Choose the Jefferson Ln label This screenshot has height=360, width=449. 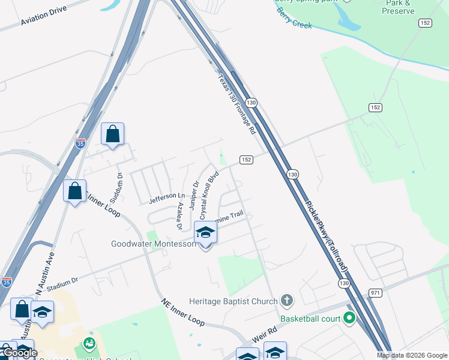point(167,196)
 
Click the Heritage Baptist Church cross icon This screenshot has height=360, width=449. point(287,300)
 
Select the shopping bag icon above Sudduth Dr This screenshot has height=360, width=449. point(112,134)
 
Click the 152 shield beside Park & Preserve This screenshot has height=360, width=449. point(426,23)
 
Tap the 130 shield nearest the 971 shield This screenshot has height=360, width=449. point(343,283)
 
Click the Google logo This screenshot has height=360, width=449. point(19,353)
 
